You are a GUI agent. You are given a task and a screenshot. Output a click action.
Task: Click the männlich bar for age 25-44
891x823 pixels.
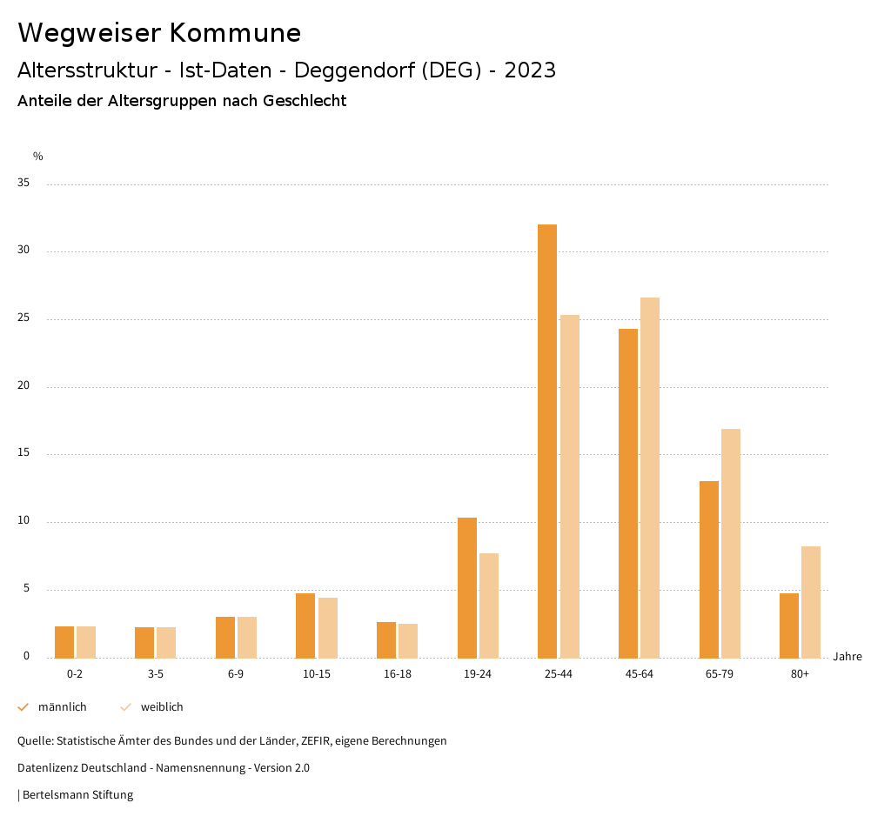(x=547, y=441)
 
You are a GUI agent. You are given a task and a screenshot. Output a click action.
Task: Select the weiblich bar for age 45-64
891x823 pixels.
(x=650, y=478)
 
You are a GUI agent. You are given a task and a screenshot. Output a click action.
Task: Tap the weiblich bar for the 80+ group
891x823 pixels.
(x=811, y=602)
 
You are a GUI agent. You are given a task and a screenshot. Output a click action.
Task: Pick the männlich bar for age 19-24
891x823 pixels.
(x=467, y=588)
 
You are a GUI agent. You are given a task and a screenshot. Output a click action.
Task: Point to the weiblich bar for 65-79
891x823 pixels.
(x=731, y=544)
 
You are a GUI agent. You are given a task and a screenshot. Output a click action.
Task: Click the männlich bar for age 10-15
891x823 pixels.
(x=305, y=626)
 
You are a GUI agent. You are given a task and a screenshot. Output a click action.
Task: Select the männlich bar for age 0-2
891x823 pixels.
(x=64, y=642)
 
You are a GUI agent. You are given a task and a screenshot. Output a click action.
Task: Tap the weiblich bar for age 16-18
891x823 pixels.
(x=408, y=641)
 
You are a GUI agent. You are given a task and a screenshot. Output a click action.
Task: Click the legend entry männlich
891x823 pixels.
(x=62, y=707)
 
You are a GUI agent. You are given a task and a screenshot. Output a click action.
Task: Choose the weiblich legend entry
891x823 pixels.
(x=162, y=707)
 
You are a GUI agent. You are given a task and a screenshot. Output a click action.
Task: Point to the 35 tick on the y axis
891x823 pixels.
(x=23, y=184)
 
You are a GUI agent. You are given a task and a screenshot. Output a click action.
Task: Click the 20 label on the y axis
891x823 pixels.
(x=23, y=386)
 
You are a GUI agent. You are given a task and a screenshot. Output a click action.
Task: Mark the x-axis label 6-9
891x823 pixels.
(x=236, y=674)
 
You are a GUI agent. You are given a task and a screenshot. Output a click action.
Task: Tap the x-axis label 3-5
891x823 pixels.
(x=156, y=674)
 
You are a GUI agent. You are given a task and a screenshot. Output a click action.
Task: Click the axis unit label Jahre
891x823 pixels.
(x=847, y=657)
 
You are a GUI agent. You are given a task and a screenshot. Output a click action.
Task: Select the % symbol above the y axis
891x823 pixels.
(x=37, y=157)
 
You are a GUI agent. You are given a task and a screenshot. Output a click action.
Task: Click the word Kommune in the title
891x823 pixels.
(x=235, y=33)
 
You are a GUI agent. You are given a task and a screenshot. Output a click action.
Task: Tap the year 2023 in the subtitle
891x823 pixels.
(x=530, y=70)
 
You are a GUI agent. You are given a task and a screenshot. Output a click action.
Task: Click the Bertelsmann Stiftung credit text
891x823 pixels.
(x=77, y=795)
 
